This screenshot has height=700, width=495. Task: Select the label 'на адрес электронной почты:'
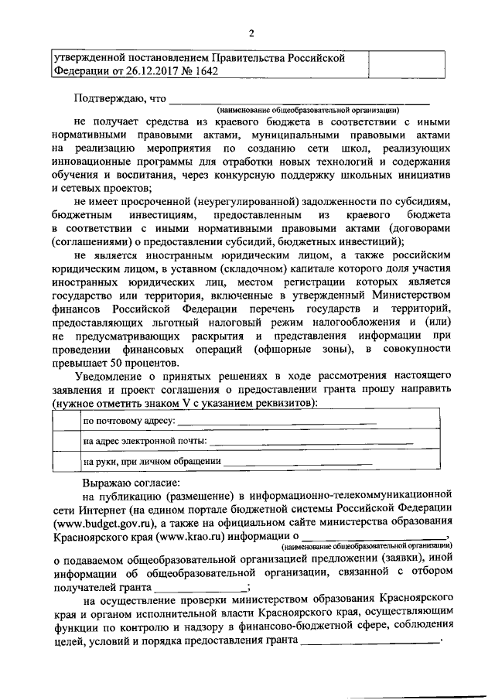point(145,442)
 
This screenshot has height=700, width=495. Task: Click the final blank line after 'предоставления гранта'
point(370,640)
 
